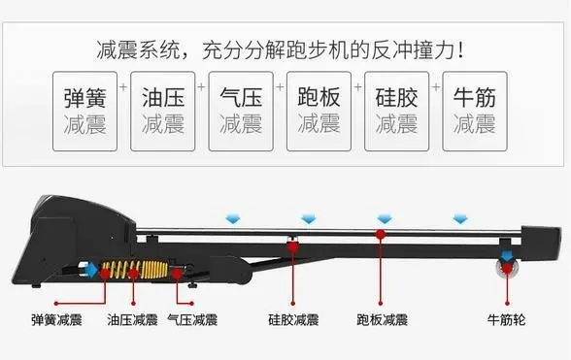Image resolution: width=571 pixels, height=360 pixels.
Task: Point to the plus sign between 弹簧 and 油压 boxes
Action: pos(123,86)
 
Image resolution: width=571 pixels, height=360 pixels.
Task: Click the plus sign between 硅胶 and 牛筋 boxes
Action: pos(436,86)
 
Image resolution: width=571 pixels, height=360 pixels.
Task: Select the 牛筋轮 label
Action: pos(506,318)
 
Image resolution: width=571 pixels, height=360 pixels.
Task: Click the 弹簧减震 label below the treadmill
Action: pos(55,318)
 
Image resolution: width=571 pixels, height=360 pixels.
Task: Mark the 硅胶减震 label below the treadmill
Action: pos(293,318)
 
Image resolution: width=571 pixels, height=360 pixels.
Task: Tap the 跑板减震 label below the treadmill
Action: pos(382,318)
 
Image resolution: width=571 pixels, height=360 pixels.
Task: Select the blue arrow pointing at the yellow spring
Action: pos(91,272)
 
